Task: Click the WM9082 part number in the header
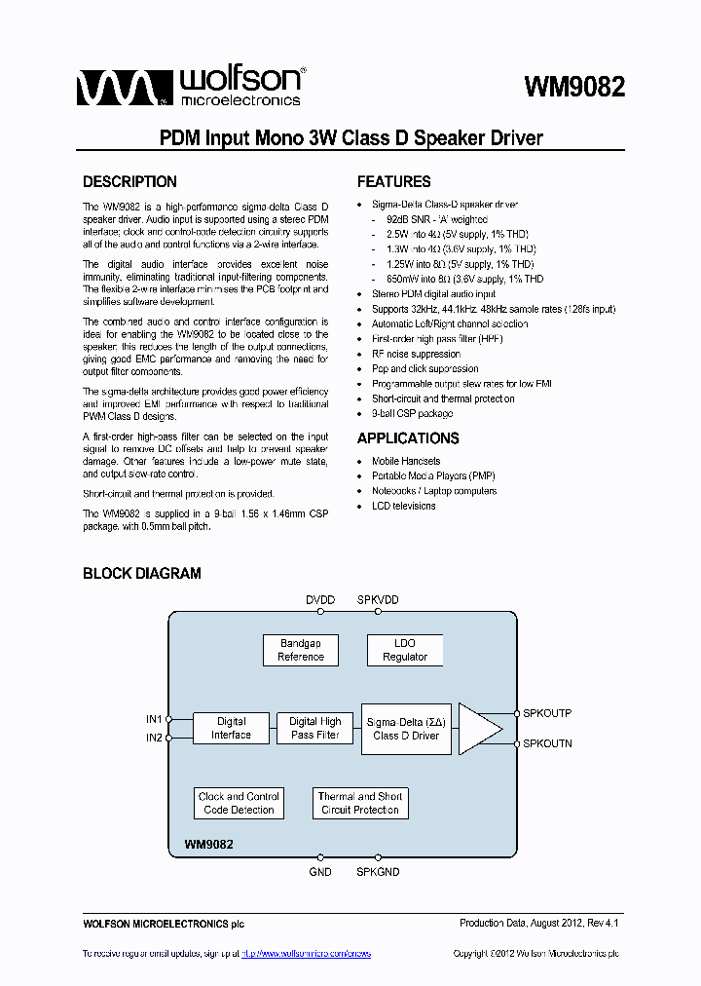(574, 88)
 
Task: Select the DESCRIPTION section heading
(129, 182)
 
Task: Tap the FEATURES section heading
(393, 182)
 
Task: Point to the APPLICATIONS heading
(408, 438)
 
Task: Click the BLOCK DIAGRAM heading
(142, 574)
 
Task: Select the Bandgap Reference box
(301, 650)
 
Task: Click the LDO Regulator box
(404, 650)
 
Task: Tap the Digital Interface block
(231, 728)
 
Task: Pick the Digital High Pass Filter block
(314, 728)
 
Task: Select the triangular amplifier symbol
(477, 729)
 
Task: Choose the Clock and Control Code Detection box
(239, 803)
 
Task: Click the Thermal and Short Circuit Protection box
(359, 803)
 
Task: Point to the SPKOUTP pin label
(547, 714)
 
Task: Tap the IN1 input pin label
(154, 719)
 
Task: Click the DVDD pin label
(319, 600)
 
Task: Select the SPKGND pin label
(378, 872)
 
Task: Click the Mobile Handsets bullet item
(406, 461)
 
